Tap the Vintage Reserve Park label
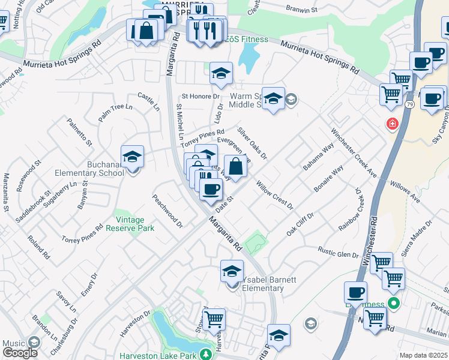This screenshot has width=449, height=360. click(x=130, y=224)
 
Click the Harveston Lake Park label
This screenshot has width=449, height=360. click(x=158, y=355)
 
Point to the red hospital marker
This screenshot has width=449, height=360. click(x=393, y=124)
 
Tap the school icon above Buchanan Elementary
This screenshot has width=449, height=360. click(x=133, y=157)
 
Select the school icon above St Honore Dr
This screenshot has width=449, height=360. click(x=221, y=74)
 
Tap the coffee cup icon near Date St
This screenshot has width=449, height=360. click(x=210, y=189)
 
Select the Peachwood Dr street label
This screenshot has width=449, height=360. click(x=167, y=211)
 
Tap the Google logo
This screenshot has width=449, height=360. click(x=20, y=353)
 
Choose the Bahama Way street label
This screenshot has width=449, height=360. click(x=318, y=157)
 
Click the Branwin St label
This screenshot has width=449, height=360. click(x=301, y=10)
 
